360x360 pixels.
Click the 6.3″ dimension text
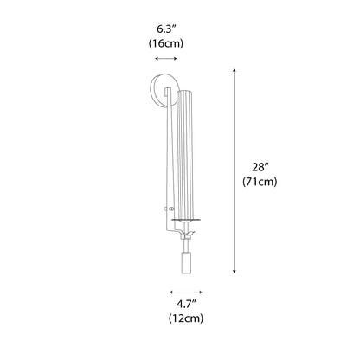click(x=166, y=26)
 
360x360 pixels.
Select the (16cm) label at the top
click(x=166, y=42)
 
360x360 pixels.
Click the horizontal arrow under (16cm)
click(x=165, y=59)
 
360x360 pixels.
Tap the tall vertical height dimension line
click(x=235, y=173)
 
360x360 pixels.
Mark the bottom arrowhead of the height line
click(x=235, y=272)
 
